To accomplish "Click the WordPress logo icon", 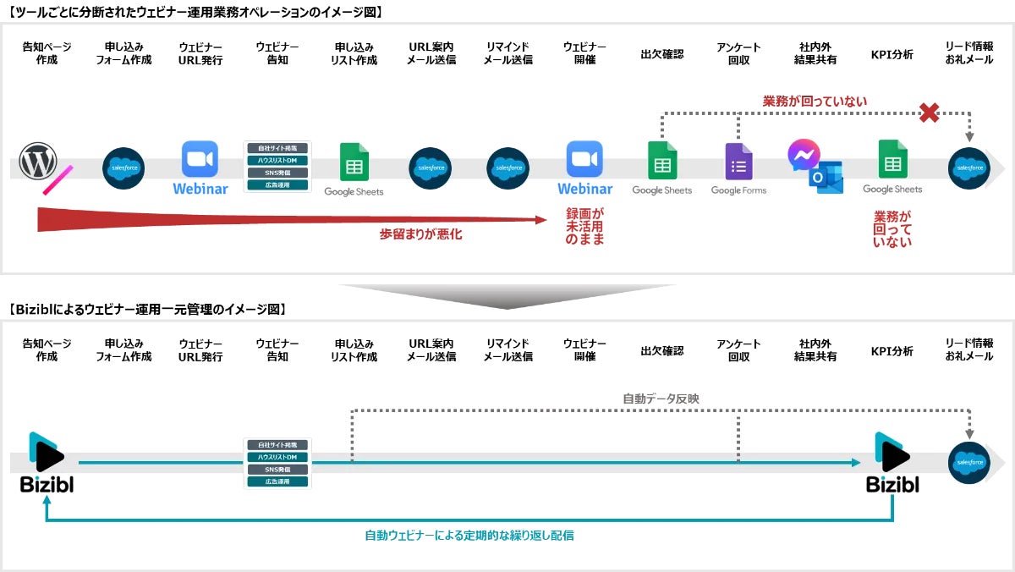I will (38, 162).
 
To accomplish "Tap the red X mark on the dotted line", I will (929, 113).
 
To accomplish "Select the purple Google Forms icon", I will (738, 162).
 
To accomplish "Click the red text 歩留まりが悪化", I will (421, 234).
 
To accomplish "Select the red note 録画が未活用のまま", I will (584, 227).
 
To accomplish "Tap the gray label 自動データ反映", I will (661, 398).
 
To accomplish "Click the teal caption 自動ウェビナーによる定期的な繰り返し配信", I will (469, 535).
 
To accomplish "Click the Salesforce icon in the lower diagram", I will (968, 462).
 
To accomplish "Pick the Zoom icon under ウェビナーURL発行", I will (200, 159).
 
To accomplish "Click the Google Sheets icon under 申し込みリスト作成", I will (354, 162).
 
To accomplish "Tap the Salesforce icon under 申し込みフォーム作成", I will (123, 168).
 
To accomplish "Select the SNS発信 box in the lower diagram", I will (277, 470).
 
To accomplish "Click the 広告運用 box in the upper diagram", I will (277, 184).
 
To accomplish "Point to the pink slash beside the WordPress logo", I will (58, 180).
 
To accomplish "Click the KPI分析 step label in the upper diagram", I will (892, 54).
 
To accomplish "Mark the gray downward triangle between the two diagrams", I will (507, 294).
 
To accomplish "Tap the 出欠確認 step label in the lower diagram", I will (661, 350).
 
